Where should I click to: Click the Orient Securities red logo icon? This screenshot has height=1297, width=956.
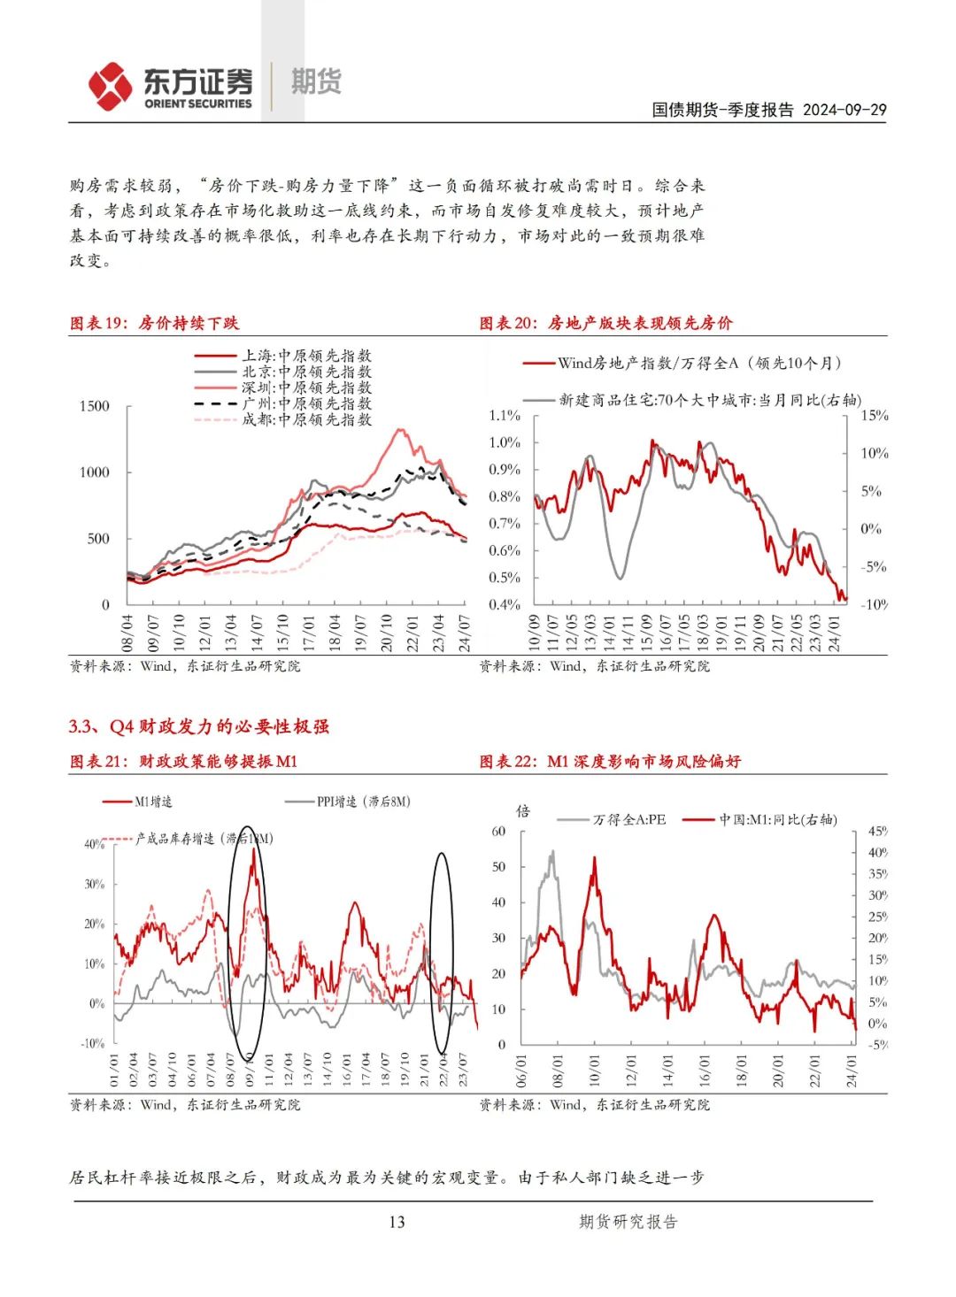coord(110,87)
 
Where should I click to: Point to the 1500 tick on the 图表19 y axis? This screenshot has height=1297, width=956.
coord(95,406)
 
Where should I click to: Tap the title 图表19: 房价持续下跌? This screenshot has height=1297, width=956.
coord(155,323)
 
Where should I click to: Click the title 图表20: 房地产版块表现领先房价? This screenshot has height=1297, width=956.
coord(606,323)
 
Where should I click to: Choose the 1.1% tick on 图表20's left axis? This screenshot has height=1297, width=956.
coord(505,415)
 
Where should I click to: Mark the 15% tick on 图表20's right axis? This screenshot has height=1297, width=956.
coord(874,415)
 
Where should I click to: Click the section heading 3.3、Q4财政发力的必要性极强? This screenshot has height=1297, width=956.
coord(199,726)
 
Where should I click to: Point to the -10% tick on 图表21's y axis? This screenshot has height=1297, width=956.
coord(93,1043)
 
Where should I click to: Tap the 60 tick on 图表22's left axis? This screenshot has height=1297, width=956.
coord(498,831)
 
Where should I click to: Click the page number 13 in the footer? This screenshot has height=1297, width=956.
coord(397,1222)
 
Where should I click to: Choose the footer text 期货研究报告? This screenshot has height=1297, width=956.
coord(628,1222)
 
